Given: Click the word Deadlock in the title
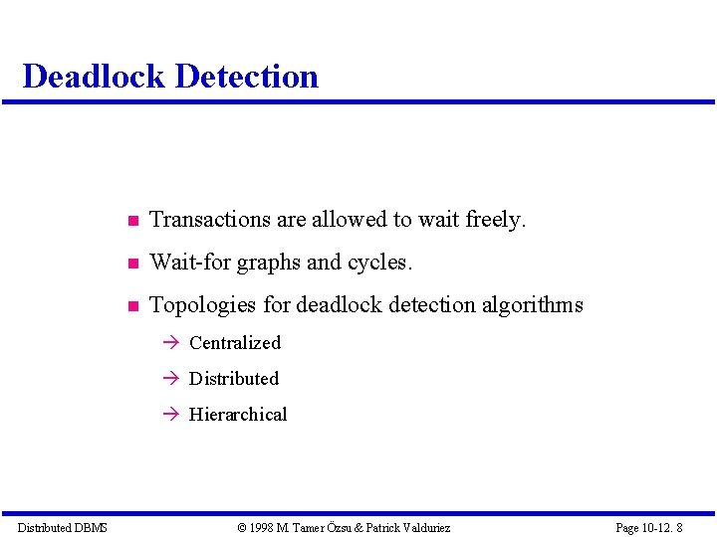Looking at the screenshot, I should [92, 77].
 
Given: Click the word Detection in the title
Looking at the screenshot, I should [244, 77].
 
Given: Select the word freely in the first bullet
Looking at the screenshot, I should [496, 220].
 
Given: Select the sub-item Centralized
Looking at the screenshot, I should [235, 343].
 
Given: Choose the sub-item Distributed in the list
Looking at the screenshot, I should [234, 379].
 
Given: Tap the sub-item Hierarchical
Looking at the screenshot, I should [238, 415].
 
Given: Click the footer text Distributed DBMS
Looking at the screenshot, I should [62, 528].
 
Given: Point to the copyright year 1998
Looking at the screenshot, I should [263, 528].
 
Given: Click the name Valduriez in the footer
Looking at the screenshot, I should [423, 528].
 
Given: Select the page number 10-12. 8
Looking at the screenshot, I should [661, 528].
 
